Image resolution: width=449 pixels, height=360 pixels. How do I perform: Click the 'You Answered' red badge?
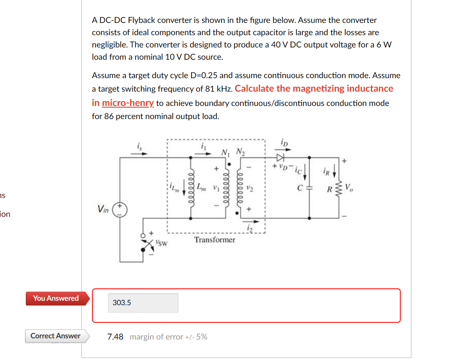(x=56, y=298)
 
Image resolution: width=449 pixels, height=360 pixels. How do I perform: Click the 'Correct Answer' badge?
(x=55, y=336)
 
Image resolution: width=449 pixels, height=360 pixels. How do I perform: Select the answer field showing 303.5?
(x=143, y=303)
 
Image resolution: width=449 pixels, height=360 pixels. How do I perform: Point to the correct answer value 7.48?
(x=115, y=337)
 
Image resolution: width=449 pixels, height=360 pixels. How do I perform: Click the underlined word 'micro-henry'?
(x=128, y=103)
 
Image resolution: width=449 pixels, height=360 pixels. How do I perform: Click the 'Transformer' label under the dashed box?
(x=214, y=240)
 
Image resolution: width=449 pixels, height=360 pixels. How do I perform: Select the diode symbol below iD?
(x=280, y=157)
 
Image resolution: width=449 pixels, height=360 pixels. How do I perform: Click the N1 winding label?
(x=224, y=152)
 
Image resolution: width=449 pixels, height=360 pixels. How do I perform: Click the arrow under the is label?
(x=139, y=154)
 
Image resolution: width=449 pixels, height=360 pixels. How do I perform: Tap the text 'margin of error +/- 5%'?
(x=168, y=337)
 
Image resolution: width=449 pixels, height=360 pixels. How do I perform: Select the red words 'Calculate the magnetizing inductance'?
(x=314, y=88)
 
